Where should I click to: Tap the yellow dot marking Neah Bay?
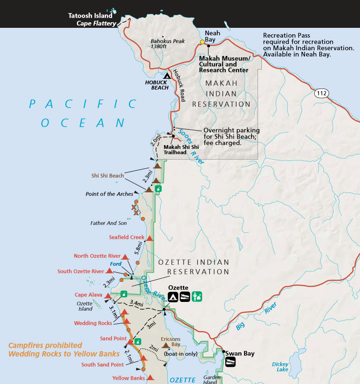point(202,42)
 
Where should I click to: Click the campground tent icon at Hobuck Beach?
point(167,76)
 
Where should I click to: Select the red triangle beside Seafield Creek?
point(150,238)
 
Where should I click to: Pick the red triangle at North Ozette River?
point(125,256)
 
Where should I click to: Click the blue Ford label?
point(116,264)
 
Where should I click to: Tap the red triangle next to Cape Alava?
point(108,295)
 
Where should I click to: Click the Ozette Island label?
point(85,306)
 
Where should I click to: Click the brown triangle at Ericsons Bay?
point(165,346)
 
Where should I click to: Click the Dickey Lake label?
point(280,367)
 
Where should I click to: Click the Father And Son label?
point(108,223)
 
